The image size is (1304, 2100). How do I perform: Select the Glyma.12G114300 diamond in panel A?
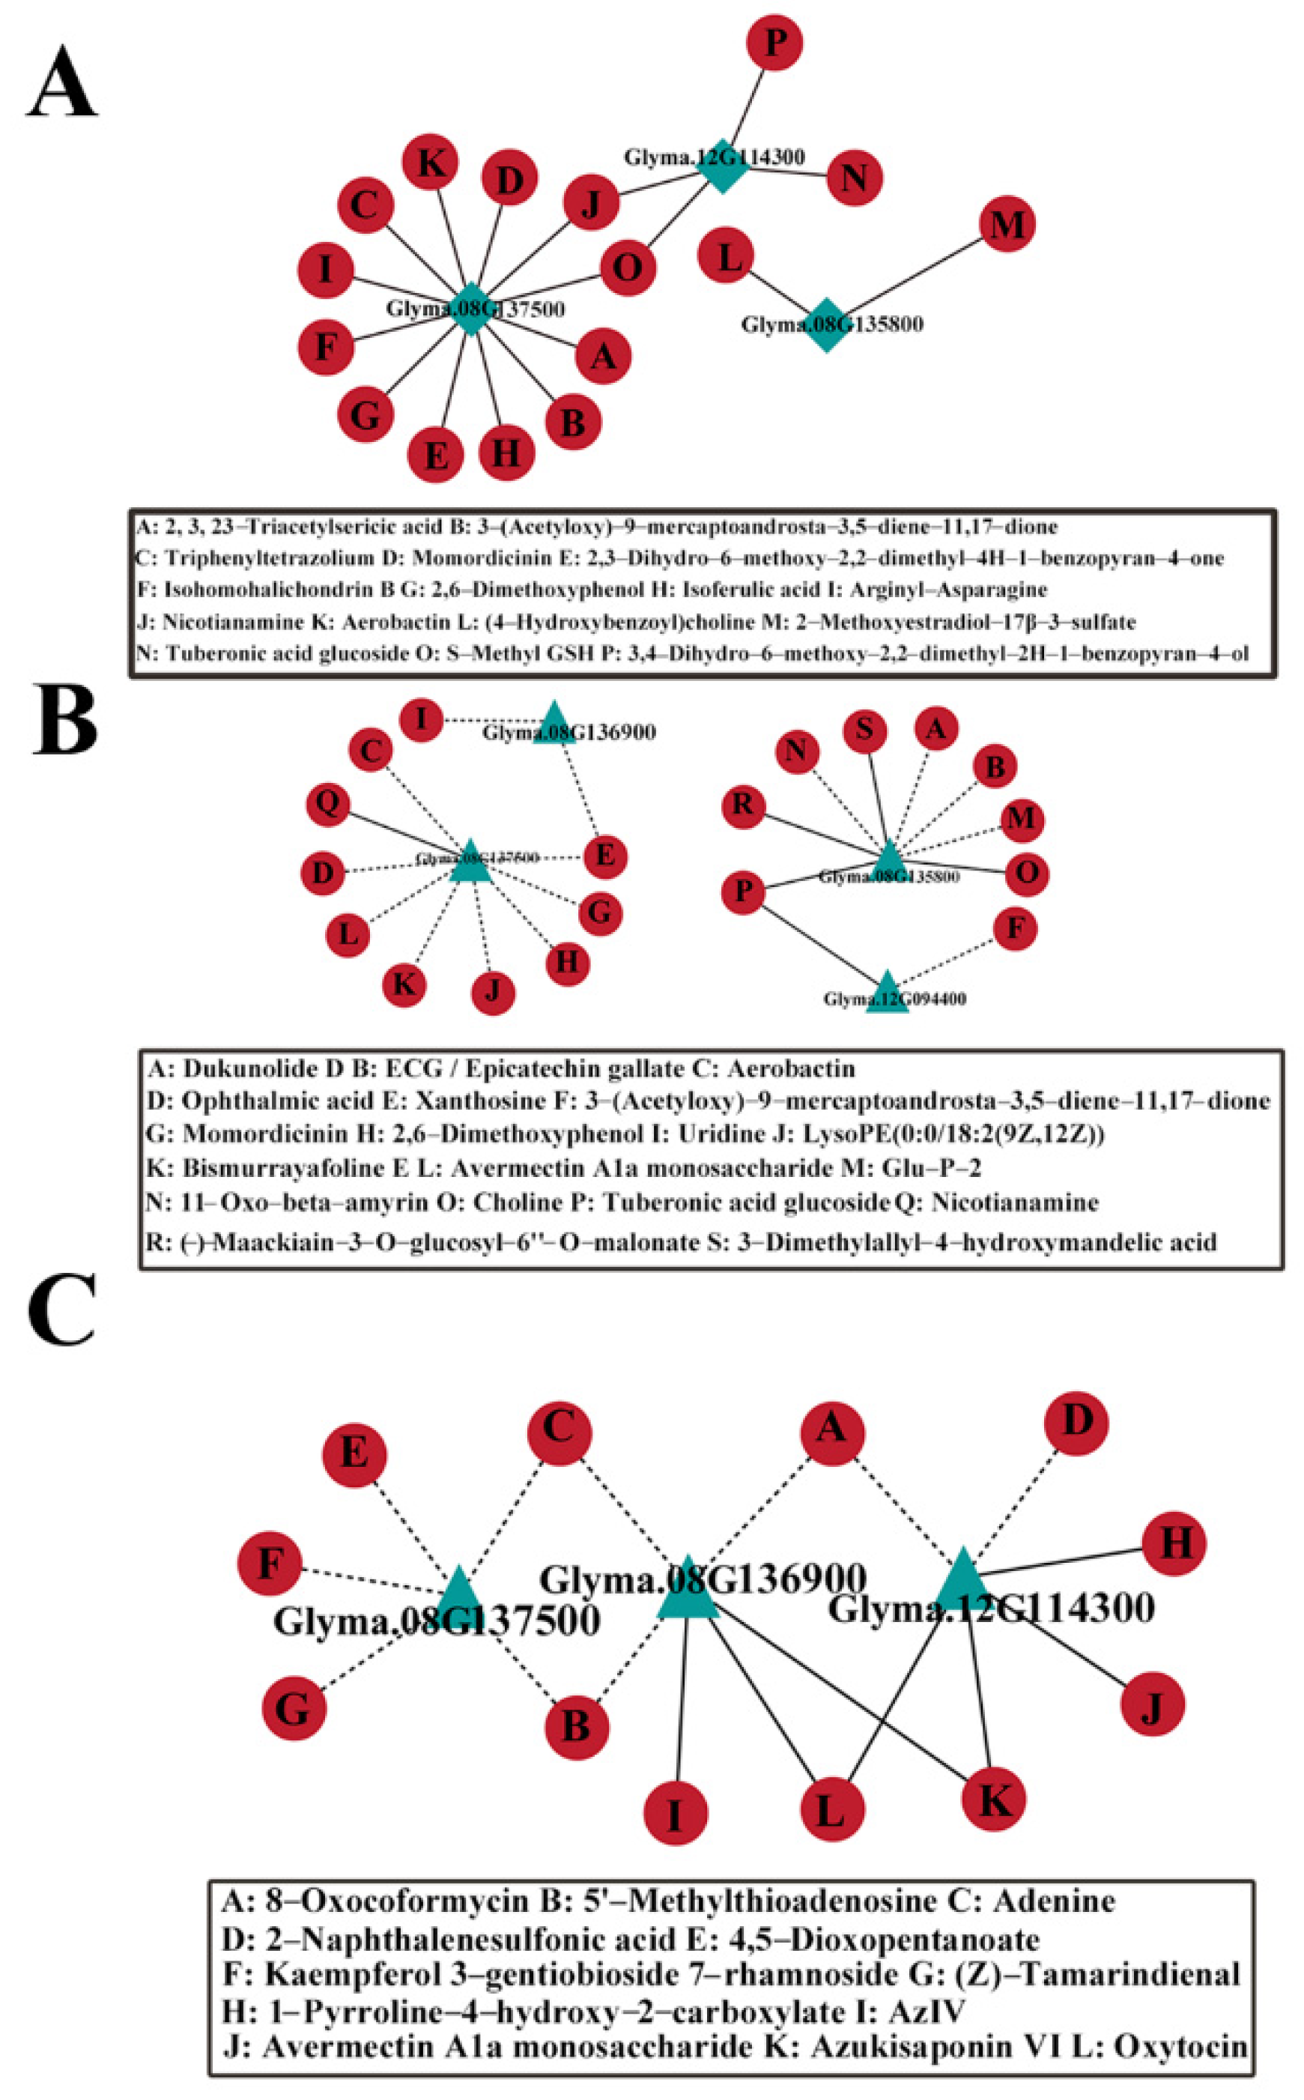(x=723, y=166)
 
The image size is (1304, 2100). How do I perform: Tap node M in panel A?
(x=1007, y=224)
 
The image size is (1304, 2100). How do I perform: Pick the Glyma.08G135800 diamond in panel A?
(x=826, y=325)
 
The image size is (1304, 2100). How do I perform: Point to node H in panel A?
(x=506, y=452)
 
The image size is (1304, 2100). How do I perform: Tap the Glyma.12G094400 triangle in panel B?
(x=887, y=994)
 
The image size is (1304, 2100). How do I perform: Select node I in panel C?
(x=676, y=1815)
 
